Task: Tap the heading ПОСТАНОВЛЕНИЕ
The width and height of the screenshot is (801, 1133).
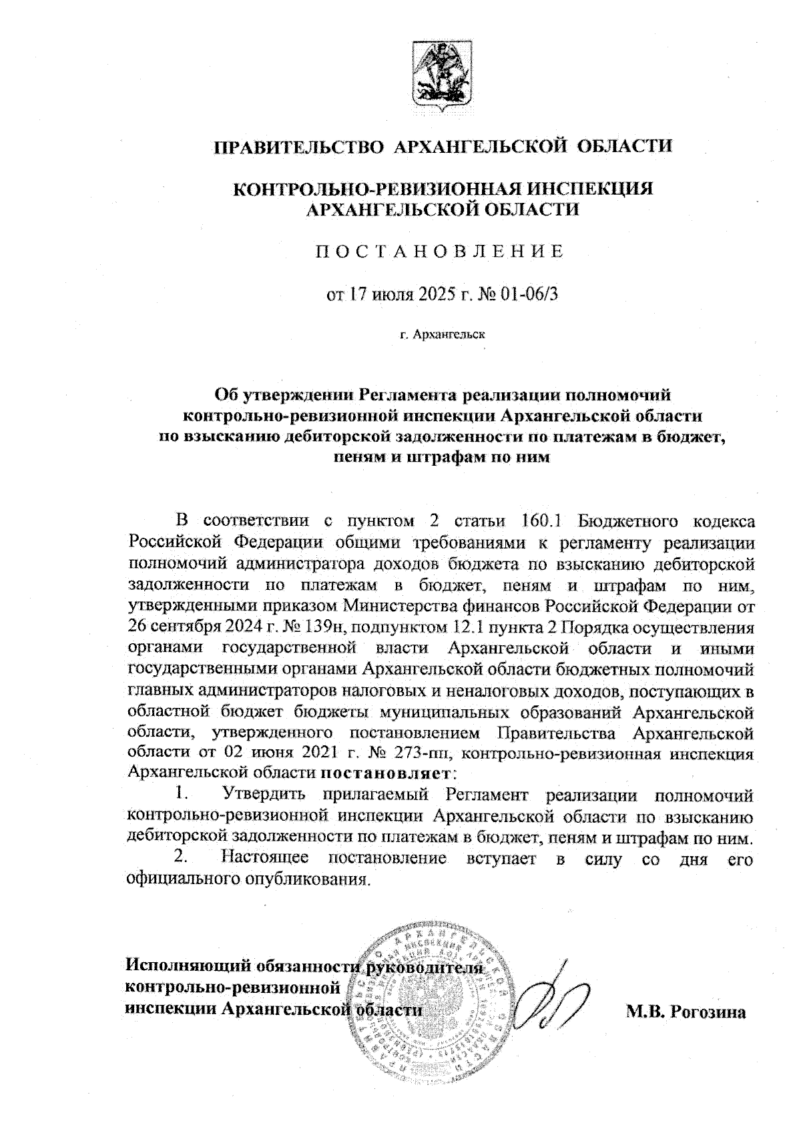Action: [x=439, y=252]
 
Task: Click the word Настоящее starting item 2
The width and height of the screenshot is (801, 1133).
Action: [x=264, y=858]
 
